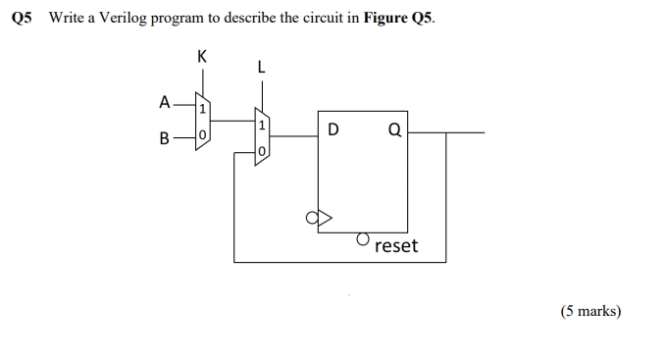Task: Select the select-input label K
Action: tap(202, 56)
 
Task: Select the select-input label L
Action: tap(260, 68)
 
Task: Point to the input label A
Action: tap(164, 100)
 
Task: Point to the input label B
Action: tap(164, 138)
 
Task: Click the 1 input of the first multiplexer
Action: tap(202, 107)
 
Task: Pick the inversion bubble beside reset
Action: tap(362, 238)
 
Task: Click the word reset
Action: tap(396, 245)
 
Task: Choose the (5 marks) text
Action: tap(590, 311)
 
